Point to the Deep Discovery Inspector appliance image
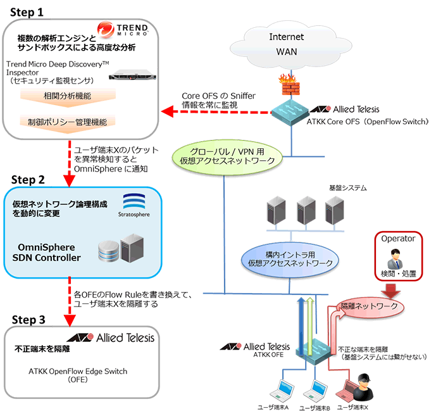tap(132, 77)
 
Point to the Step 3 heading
tap(25, 320)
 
